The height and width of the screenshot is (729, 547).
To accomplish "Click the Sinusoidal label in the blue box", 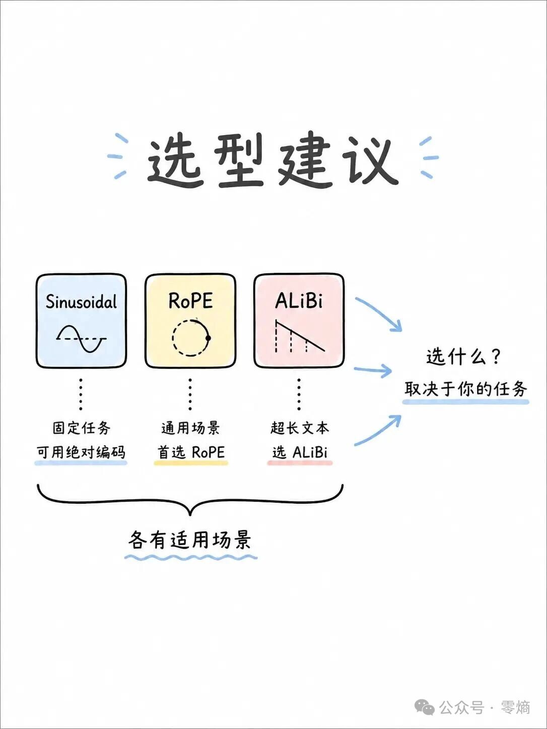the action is point(82,302).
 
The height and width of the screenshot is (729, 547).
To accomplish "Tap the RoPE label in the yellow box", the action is point(190,301).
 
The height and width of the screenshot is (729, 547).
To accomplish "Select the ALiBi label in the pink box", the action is point(299,301).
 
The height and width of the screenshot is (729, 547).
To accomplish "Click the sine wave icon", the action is point(82,338).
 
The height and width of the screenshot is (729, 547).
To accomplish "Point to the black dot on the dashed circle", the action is point(208,338).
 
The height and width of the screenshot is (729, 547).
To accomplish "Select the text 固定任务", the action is point(82,428).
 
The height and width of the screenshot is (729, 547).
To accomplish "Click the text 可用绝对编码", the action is point(81,452).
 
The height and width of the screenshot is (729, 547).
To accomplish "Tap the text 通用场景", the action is point(190,428).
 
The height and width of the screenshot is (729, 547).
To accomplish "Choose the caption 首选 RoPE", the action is point(191,452).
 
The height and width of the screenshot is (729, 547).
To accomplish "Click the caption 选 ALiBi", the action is point(300,452).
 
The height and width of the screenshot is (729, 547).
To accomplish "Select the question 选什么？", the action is point(463,357).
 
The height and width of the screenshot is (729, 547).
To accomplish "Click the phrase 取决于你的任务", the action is point(465,389).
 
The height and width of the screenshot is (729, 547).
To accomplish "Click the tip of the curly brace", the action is point(190,515).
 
